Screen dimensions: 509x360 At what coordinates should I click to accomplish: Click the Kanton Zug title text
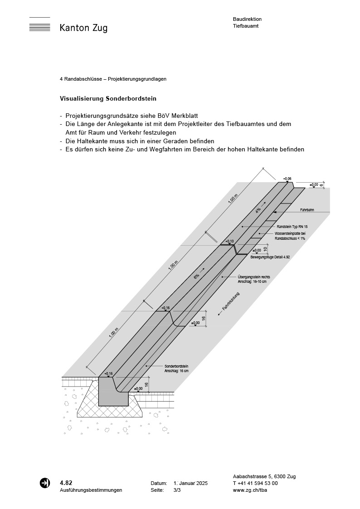click(83, 28)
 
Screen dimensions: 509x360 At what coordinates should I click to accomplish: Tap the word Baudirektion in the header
click(247, 19)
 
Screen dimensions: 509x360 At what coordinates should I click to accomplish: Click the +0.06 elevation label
click(287, 179)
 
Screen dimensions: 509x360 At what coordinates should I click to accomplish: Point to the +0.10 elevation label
click(229, 241)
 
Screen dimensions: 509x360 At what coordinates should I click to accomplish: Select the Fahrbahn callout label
click(307, 210)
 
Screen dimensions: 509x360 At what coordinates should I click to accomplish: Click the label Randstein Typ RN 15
click(292, 226)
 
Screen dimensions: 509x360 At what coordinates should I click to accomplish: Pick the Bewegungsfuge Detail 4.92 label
click(270, 257)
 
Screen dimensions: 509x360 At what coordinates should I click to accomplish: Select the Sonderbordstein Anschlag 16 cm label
click(176, 368)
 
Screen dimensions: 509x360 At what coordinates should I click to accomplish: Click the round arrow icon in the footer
click(45, 483)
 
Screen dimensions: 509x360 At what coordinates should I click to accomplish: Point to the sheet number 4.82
click(66, 483)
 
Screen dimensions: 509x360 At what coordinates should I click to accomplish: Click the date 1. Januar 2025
click(190, 484)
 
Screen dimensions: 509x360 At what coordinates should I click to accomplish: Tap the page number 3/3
click(177, 490)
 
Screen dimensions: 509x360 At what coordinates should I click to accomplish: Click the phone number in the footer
click(255, 483)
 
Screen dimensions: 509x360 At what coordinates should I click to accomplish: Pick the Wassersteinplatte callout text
click(290, 236)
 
